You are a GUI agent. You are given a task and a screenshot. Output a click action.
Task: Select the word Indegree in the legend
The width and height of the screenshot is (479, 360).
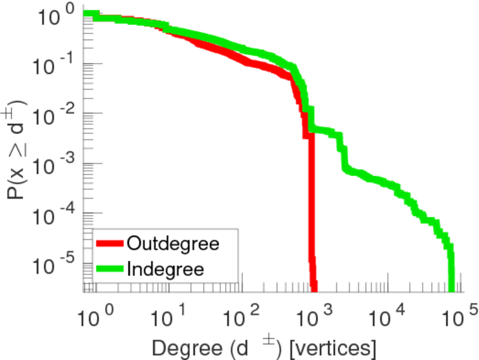tap(166, 268)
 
